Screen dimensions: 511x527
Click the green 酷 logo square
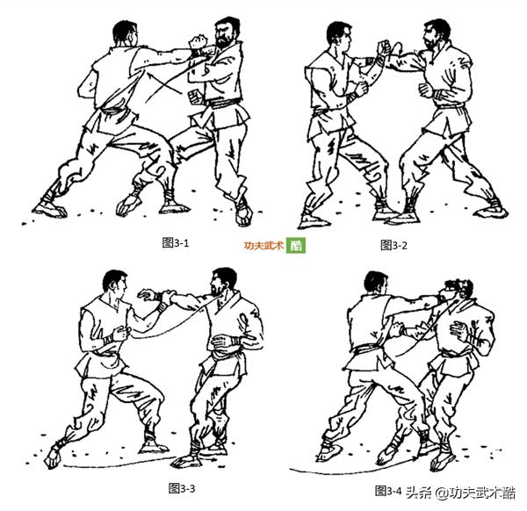[297, 246]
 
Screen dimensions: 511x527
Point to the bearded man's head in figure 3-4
[457, 294]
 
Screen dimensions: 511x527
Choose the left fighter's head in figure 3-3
[114, 285]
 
